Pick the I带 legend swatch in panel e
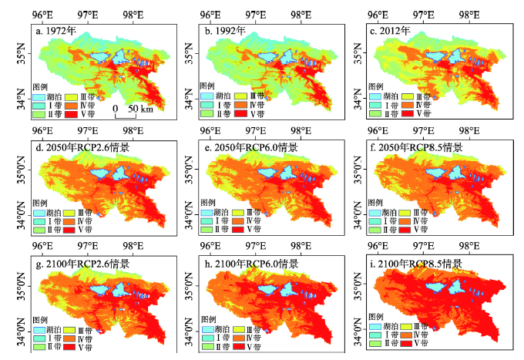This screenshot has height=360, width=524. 207,221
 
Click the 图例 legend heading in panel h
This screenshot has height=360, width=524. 208,319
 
